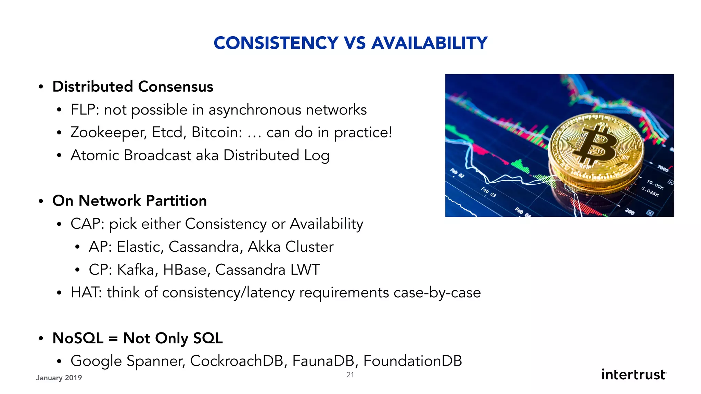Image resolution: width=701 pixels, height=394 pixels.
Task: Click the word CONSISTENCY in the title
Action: coord(276,43)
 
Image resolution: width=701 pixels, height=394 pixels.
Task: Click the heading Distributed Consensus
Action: coord(133,87)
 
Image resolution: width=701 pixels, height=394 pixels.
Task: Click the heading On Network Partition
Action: coord(129,201)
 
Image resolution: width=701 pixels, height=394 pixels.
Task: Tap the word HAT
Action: coord(86,292)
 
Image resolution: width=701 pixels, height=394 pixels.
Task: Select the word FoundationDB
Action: coord(412,361)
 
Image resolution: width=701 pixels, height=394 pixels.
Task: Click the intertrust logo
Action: coord(634,375)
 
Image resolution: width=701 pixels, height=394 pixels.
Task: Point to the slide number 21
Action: coord(350,375)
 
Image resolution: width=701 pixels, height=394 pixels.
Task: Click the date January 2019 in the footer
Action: coord(59,378)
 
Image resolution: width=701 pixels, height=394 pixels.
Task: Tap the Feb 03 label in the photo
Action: coord(488,192)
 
